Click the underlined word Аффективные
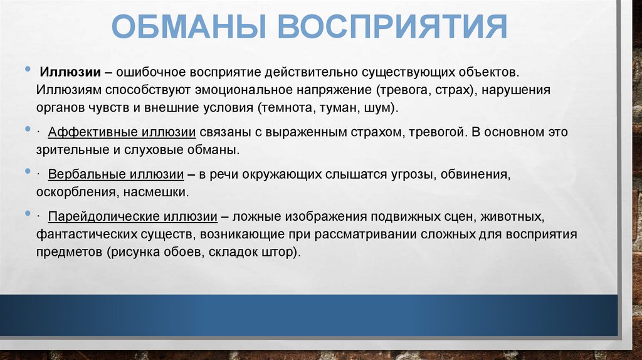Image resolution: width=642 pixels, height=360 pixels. (86, 133)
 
